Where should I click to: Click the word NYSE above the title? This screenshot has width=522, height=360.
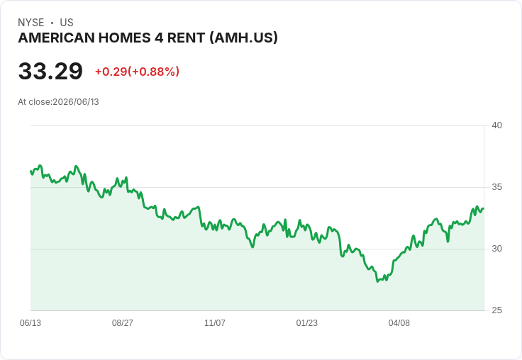31,23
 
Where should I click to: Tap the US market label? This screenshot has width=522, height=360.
67,23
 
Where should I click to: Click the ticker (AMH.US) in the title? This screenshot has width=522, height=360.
244,38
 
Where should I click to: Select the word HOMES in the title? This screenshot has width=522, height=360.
124,38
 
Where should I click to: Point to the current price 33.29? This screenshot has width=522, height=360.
50,71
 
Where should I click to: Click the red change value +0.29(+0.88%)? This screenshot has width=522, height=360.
137,72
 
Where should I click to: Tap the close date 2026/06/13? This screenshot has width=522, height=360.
76,102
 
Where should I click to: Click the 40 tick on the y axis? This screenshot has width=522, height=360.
496,125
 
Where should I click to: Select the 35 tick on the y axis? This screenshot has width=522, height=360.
496,187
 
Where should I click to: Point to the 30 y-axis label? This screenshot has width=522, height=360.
496,249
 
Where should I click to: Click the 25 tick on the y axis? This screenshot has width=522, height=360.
496,310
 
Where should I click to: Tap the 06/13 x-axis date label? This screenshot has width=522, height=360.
30,323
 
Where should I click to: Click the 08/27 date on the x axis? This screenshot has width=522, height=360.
123,323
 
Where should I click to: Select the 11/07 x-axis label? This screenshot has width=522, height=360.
215,323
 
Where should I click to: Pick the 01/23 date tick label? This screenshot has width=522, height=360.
307,323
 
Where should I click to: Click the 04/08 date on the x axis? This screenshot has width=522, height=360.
399,323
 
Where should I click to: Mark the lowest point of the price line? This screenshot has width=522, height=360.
377,281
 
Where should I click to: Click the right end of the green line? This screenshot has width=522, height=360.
484,208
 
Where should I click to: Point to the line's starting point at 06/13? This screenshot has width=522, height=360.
31,171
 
